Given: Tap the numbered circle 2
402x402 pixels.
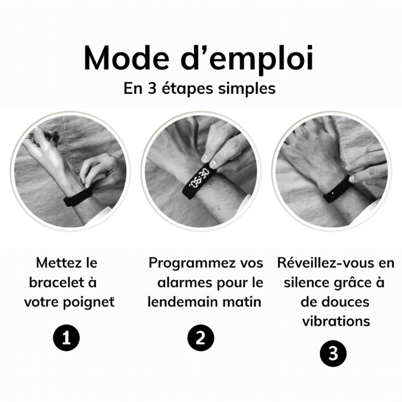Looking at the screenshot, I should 200,338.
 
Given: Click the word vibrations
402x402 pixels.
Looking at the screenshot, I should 336,321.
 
